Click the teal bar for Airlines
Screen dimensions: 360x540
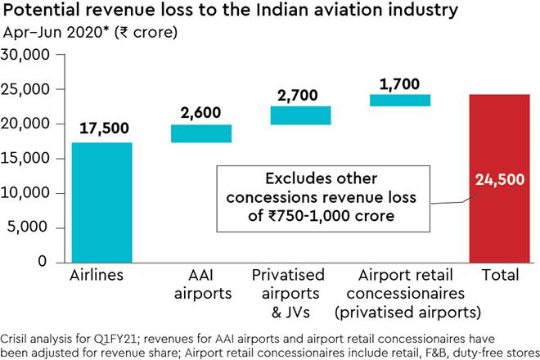[x=101, y=202]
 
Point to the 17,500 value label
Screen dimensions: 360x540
[x=102, y=129]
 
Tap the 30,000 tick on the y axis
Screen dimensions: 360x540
[x=27, y=55]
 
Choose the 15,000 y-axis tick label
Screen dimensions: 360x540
[x=27, y=159]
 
